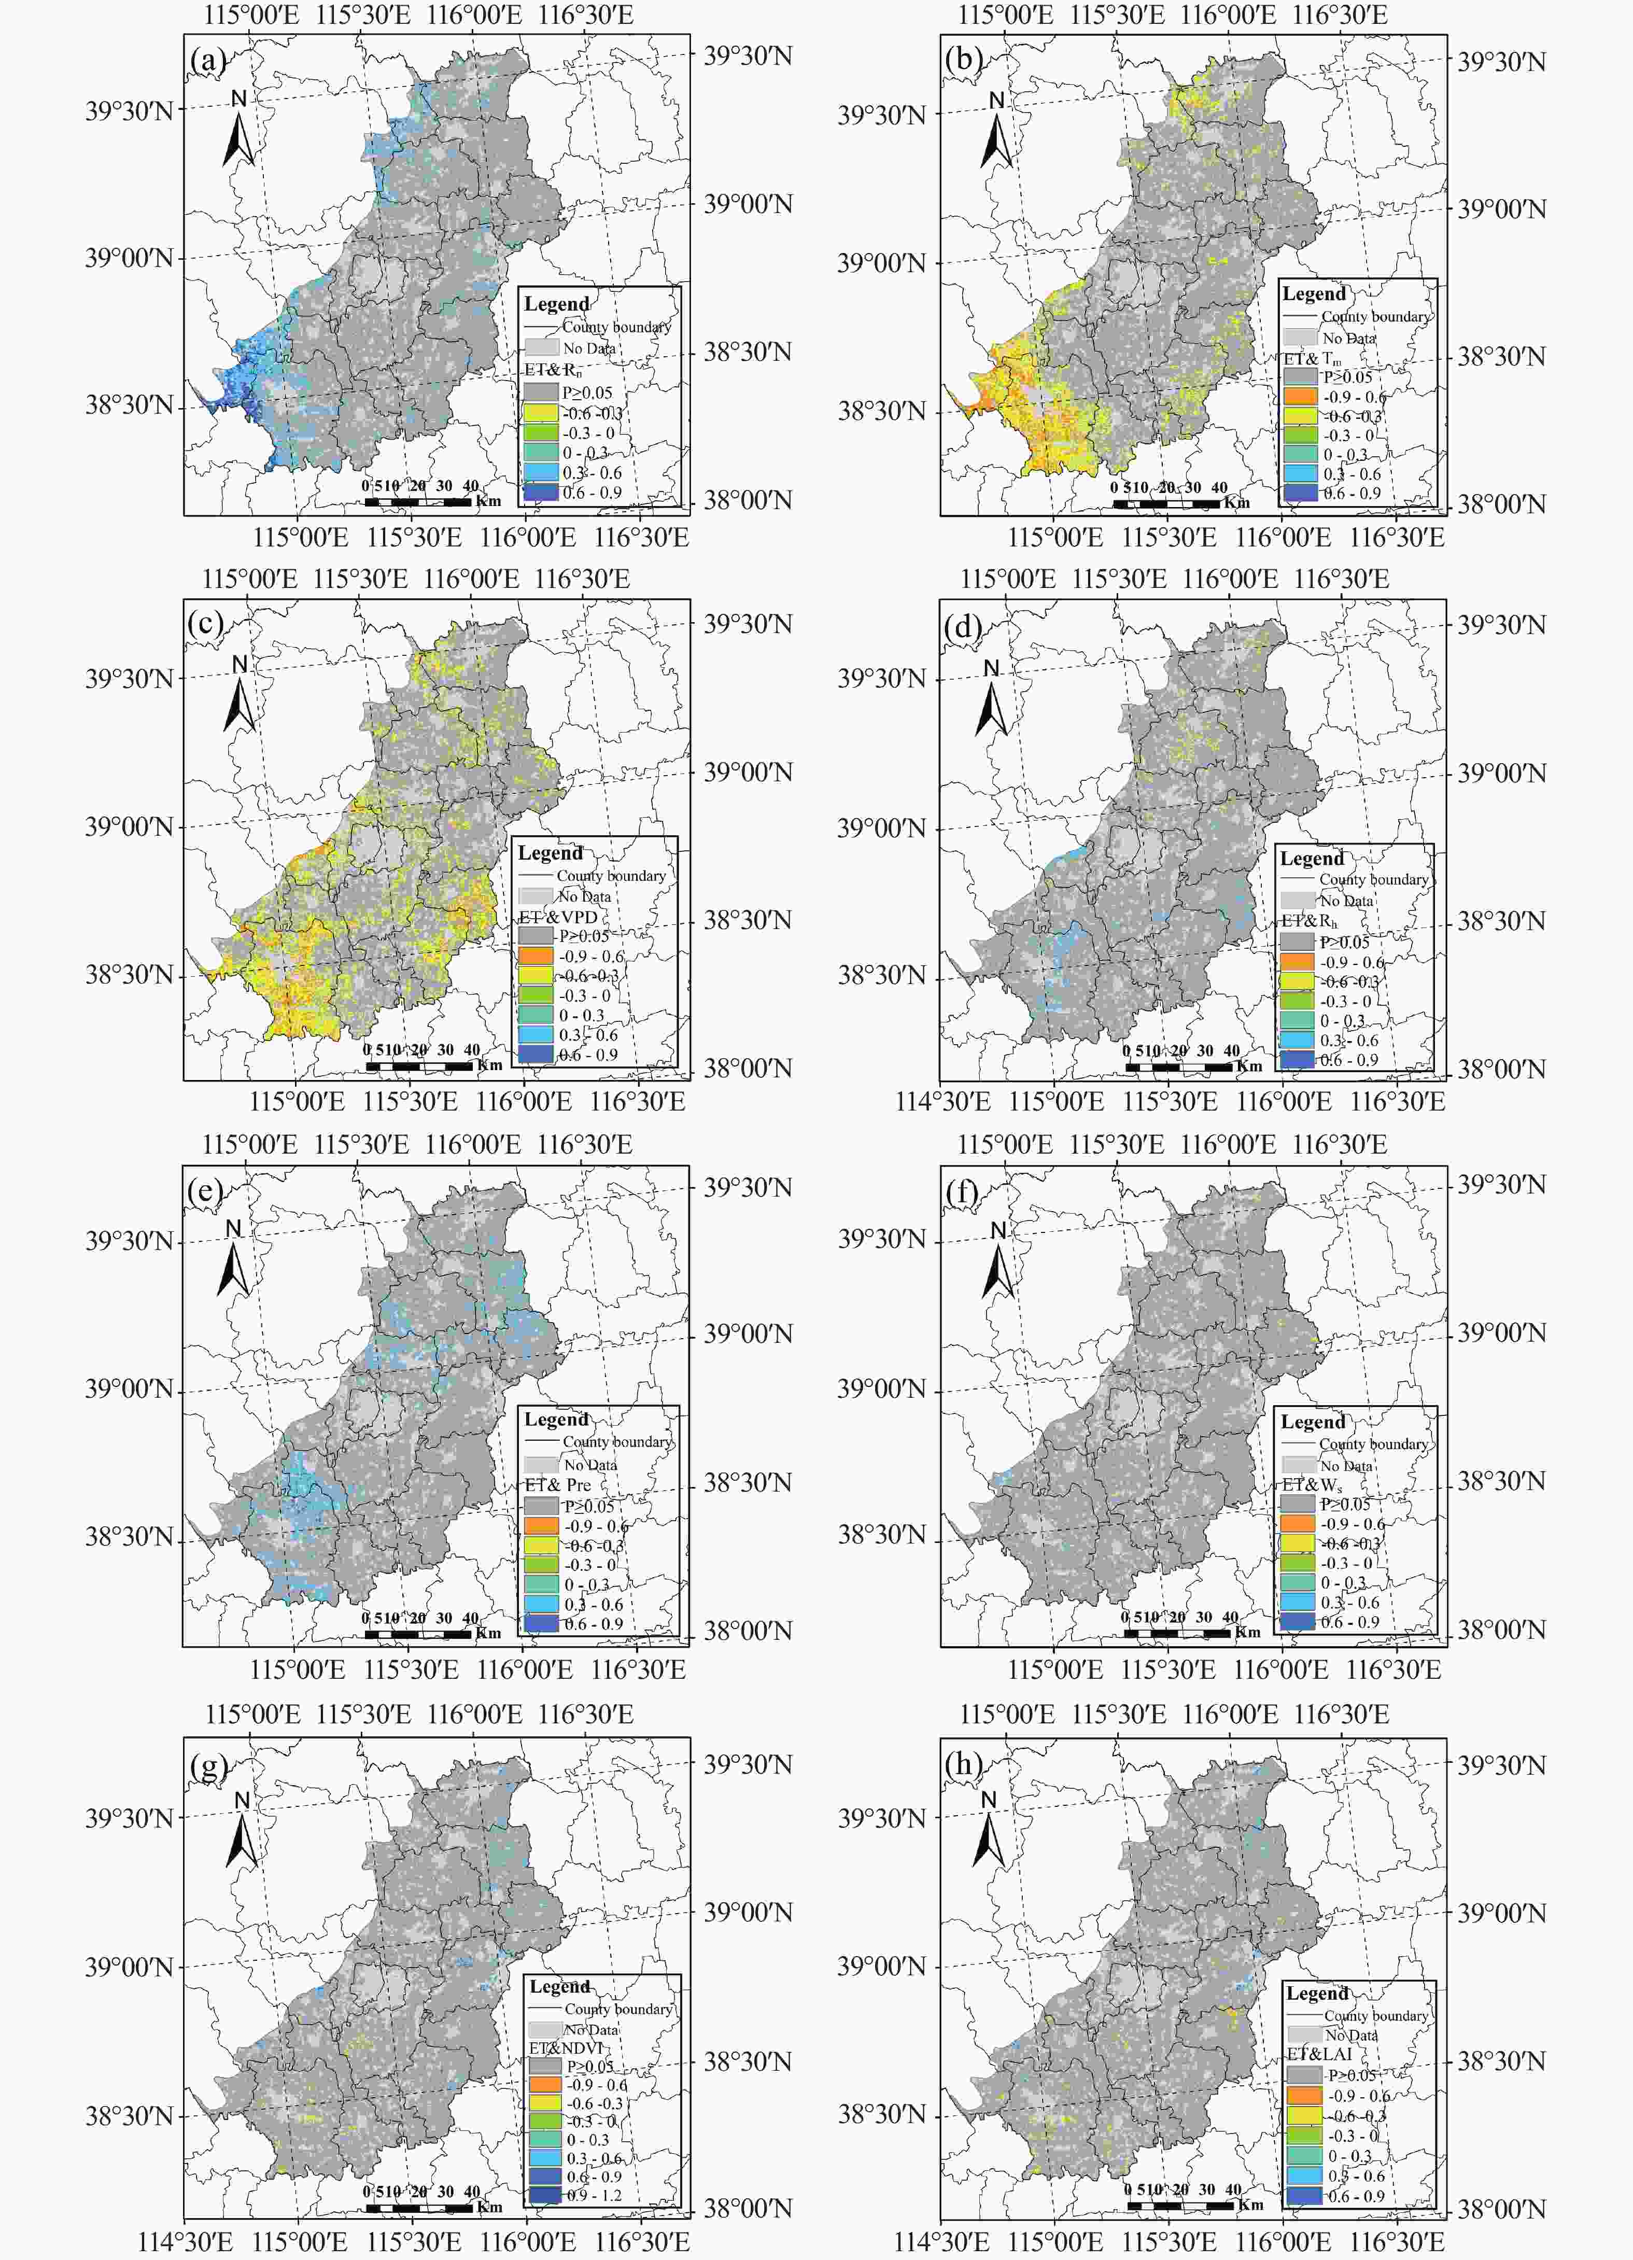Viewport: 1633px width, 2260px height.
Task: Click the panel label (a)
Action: click(x=207, y=62)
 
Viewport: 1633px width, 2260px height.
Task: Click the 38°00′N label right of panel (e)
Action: click(x=747, y=1631)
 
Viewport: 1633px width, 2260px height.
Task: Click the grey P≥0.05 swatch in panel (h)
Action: click(x=1303, y=2075)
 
